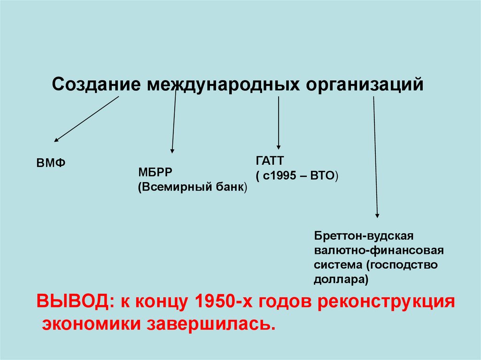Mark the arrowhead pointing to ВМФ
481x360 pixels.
[56, 139]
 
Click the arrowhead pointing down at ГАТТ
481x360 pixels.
[279, 146]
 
